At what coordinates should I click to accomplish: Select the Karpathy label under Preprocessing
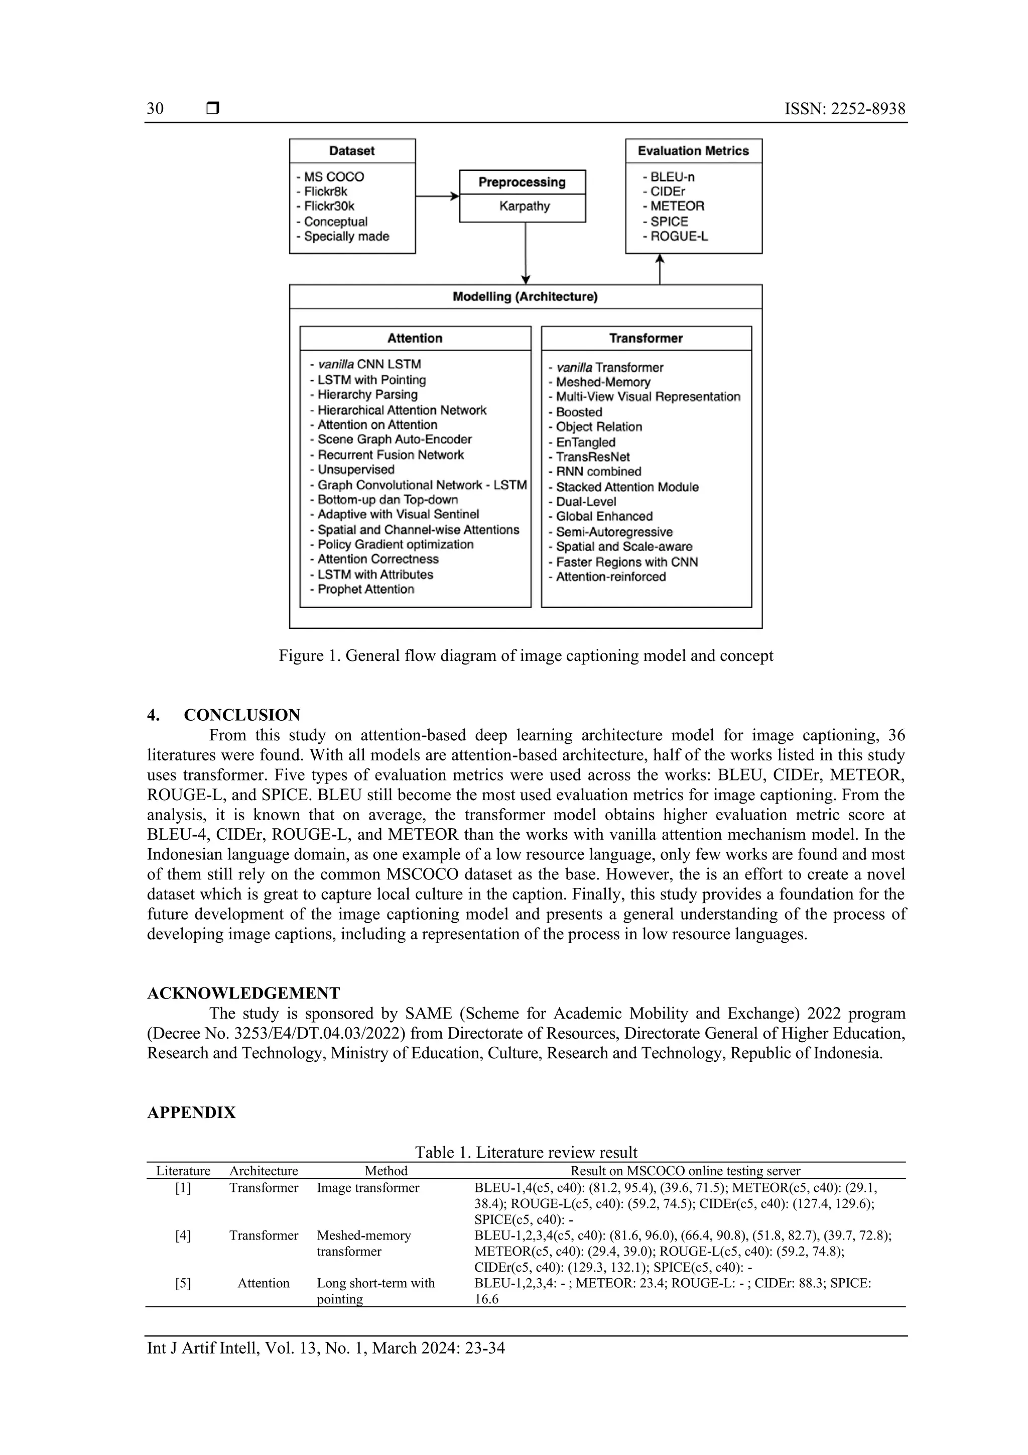524,206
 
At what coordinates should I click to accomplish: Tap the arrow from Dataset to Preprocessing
437,196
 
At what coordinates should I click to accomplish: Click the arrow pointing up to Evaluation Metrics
660,269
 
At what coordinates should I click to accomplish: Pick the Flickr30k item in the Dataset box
329,206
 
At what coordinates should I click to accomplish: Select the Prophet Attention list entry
365,589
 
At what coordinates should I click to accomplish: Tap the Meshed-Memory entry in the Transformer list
602,382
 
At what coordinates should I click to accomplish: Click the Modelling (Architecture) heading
525,297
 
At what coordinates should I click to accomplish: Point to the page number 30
155,108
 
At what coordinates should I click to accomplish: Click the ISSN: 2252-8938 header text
844,108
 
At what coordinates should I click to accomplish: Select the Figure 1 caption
526,655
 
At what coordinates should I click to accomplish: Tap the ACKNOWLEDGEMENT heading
243,993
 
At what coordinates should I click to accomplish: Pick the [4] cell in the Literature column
183,1235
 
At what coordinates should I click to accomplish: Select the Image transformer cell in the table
367,1188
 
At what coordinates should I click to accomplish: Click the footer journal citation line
326,1348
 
